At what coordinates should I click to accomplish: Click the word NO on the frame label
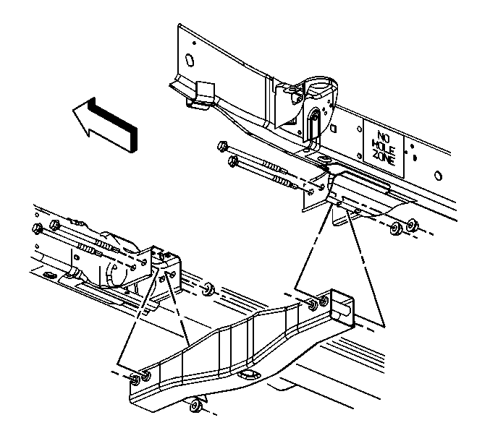[x=383, y=136]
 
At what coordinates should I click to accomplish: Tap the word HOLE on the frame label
[x=384, y=146]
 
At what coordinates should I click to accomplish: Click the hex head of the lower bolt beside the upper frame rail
[x=232, y=160]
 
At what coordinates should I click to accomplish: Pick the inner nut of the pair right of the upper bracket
[x=396, y=229]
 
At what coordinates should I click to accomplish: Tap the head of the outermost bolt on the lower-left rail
[x=36, y=228]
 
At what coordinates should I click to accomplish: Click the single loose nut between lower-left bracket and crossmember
[x=208, y=288]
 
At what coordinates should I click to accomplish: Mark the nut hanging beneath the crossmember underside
[x=194, y=406]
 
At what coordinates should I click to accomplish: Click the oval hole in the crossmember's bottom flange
[x=248, y=374]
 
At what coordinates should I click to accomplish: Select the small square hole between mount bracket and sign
[x=334, y=128]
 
